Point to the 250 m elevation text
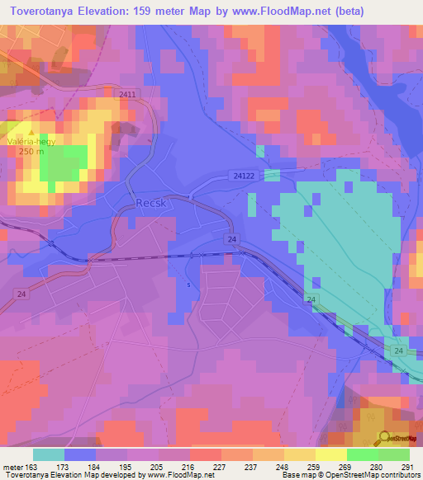pos(31,152)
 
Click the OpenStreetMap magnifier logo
pos(383,436)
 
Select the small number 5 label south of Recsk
pos(188,285)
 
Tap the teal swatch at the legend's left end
pos(49,454)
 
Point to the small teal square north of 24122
pos(260,151)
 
